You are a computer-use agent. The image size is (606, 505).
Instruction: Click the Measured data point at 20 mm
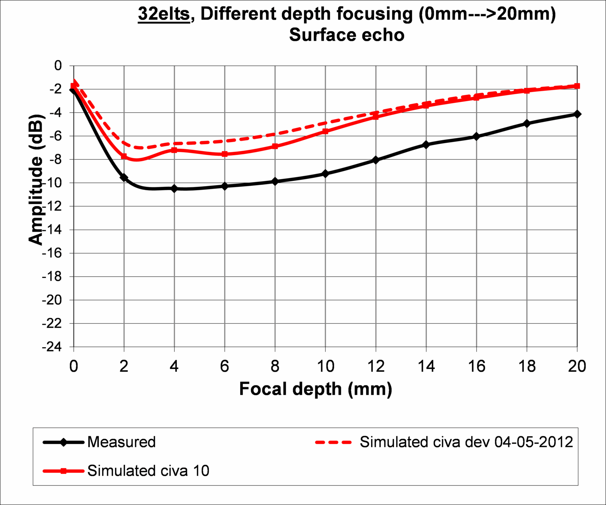(577, 114)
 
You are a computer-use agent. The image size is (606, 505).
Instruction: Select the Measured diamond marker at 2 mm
(124, 178)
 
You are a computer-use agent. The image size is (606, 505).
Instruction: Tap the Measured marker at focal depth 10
(325, 174)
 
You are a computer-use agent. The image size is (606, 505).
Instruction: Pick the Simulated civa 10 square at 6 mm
(225, 154)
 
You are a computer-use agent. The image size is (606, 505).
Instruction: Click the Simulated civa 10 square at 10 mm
(325, 131)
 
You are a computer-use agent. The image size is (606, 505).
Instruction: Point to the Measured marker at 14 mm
(426, 145)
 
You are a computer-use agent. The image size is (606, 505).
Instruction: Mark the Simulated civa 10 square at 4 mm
(174, 150)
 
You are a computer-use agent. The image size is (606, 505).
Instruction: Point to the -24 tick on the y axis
(52, 347)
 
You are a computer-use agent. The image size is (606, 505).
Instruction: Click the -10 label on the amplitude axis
(52, 183)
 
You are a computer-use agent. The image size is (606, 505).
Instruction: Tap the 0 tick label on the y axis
(58, 65)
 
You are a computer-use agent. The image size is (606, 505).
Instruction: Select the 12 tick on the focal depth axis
(376, 366)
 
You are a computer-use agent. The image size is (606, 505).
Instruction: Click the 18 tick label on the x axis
(527, 366)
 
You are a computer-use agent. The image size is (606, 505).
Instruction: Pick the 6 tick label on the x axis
(225, 366)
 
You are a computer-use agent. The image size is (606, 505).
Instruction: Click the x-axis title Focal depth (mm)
(315, 389)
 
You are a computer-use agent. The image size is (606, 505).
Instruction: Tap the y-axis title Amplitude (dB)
(36, 179)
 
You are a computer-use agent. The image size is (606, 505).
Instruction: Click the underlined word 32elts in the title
(164, 14)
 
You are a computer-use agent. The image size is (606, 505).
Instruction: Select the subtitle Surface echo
(347, 35)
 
